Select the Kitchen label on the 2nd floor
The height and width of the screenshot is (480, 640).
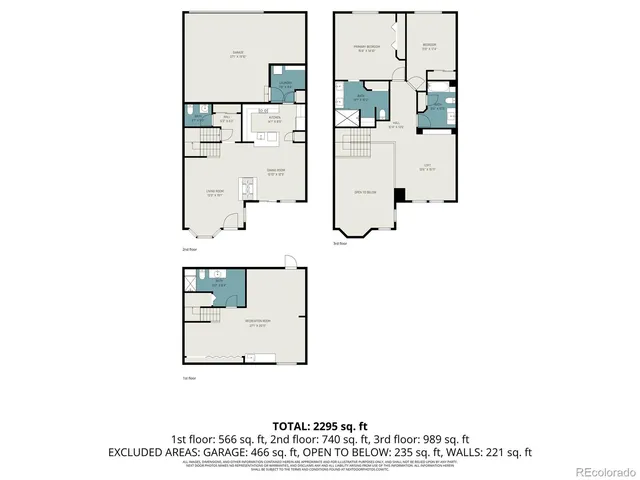260,119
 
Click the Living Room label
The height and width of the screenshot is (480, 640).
214,194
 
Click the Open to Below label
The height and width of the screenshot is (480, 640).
365,192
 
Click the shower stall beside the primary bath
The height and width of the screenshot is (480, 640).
350,117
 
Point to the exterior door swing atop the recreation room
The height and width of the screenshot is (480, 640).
291,262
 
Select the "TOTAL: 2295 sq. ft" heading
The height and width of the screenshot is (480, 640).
320,425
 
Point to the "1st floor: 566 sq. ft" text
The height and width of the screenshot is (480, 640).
216,438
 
